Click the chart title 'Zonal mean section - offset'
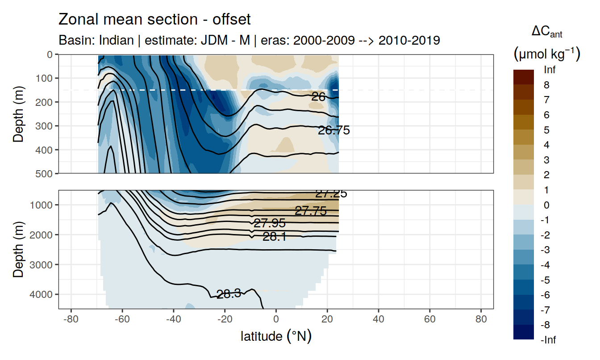pos(154,19)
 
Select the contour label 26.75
pos(333,130)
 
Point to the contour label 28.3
pos(229,294)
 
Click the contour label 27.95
pos(269,223)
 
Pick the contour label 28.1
pos(275,237)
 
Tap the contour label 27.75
pos(311,211)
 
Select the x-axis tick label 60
pos(429,320)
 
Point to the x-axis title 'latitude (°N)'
pos(276,336)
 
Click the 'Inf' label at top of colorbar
pos(550,70)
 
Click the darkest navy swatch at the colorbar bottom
pos(523,332)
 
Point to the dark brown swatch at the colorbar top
pos(523,77)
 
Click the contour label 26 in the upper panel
pos(318,96)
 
